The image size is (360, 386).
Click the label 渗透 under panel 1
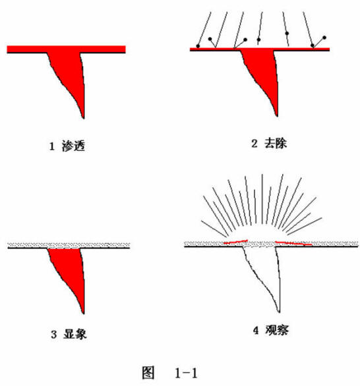tap(73, 146)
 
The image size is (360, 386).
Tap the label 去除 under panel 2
tap(276, 144)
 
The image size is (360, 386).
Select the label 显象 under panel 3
tap(75, 334)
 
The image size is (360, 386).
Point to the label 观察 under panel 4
tap(277, 330)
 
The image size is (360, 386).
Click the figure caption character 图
tap(148, 372)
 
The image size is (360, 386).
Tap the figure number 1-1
tap(187, 373)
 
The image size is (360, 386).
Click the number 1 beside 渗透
tap(51, 146)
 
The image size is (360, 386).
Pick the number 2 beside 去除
tap(255, 144)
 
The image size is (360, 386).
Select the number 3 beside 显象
tap(53, 335)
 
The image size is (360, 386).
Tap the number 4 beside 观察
tap(256, 331)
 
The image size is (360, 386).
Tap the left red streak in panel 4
tap(235, 242)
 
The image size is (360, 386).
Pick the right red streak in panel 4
tap(293, 243)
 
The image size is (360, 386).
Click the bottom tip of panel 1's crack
tap(84, 119)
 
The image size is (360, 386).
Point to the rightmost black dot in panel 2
tap(324, 38)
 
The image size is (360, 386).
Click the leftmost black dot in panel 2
tap(198, 46)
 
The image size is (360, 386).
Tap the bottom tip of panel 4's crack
tap(279, 312)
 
